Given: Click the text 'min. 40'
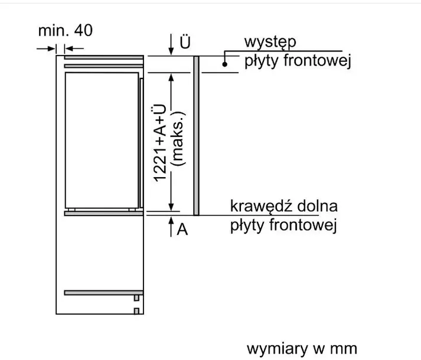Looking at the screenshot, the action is [x=65, y=30].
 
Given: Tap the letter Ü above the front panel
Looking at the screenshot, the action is [x=185, y=42].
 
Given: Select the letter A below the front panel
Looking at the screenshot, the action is [x=182, y=230].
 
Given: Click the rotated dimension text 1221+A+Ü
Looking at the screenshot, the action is [x=160, y=143].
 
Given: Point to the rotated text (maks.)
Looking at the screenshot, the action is [x=178, y=138].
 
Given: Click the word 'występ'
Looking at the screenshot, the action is [x=270, y=42].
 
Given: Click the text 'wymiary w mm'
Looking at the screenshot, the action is [x=302, y=349].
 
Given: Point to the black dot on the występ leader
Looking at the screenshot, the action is [x=225, y=64].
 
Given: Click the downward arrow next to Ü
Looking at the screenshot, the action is [x=171, y=45].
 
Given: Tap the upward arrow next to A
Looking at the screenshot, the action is [x=171, y=227].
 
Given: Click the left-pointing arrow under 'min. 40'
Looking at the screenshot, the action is [x=74, y=48].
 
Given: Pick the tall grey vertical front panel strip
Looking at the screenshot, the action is [x=196, y=136].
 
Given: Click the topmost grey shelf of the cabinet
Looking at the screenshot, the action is [x=104, y=57].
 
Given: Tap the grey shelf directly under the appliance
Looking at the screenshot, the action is [x=104, y=214].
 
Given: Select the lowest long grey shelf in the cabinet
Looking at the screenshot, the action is [x=104, y=293].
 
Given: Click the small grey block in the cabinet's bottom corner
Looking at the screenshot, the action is [x=136, y=311].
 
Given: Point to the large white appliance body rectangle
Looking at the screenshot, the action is [x=102, y=140].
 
